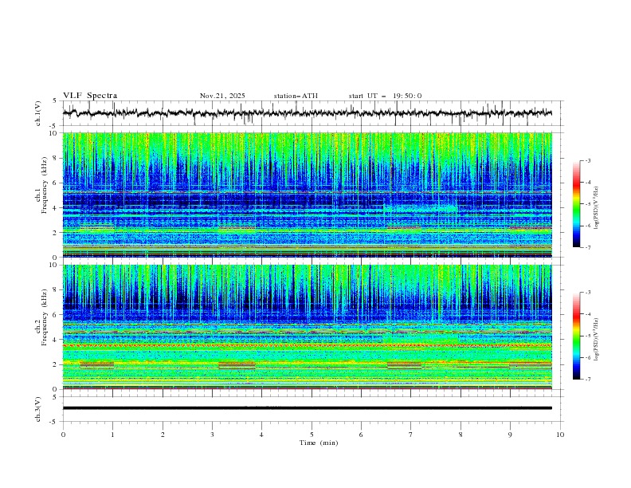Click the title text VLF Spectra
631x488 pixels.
(x=90, y=96)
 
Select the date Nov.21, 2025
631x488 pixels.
(x=222, y=96)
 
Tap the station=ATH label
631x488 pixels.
(x=296, y=96)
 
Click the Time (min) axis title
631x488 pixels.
(x=312, y=442)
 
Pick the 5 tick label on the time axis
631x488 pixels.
(x=312, y=434)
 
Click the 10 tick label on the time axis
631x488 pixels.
(x=560, y=434)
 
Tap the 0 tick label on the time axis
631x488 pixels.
(x=63, y=434)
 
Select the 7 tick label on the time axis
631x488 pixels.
(x=411, y=434)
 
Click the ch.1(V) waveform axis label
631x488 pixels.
(x=38, y=113)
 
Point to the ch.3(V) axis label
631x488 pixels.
(x=38, y=407)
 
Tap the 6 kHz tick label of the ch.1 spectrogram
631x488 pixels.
(x=55, y=183)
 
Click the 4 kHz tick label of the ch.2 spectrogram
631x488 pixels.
(x=55, y=340)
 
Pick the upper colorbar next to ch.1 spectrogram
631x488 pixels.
(x=576, y=204)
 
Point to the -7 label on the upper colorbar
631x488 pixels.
(x=587, y=247)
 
